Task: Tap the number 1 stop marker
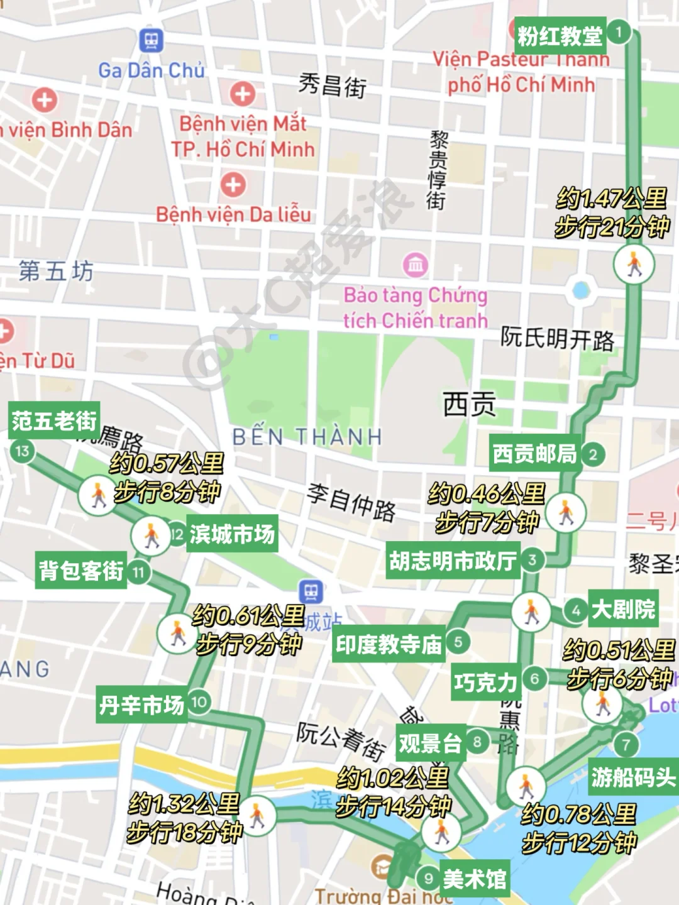point(619,31)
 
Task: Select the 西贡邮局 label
point(534,453)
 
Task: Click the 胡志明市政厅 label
point(453,560)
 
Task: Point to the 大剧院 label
point(623,608)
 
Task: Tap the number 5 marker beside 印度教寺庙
point(458,642)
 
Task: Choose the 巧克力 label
point(486,682)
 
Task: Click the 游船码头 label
point(633,777)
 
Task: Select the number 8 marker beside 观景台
point(477,742)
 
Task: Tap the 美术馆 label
point(475,879)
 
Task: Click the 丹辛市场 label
point(141,705)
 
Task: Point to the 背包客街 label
point(81,571)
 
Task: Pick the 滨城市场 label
point(232,534)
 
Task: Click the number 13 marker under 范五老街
point(23,451)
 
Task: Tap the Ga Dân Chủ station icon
point(151,41)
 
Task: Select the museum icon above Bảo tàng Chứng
point(416,265)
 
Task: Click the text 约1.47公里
point(611,199)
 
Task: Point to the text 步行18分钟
point(184,832)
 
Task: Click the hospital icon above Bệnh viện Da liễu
point(233,185)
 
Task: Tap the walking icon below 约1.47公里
point(634,264)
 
